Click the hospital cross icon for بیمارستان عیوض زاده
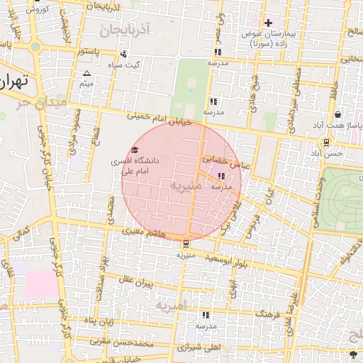pyautogui.click(x=268, y=23)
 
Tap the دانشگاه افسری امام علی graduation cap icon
pyautogui.click(x=135, y=150)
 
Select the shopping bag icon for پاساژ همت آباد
pyautogui.click(x=337, y=114)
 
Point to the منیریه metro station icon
pyautogui.click(x=186, y=244)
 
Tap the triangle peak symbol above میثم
pyautogui.click(x=87, y=74)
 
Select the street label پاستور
pyautogui.click(x=94, y=52)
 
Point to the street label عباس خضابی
pyautogui.click(x=224, y=161)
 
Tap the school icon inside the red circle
pyautogui.click(x=222, y=176)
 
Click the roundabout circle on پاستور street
pyautogui.click(x=35, y=48)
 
